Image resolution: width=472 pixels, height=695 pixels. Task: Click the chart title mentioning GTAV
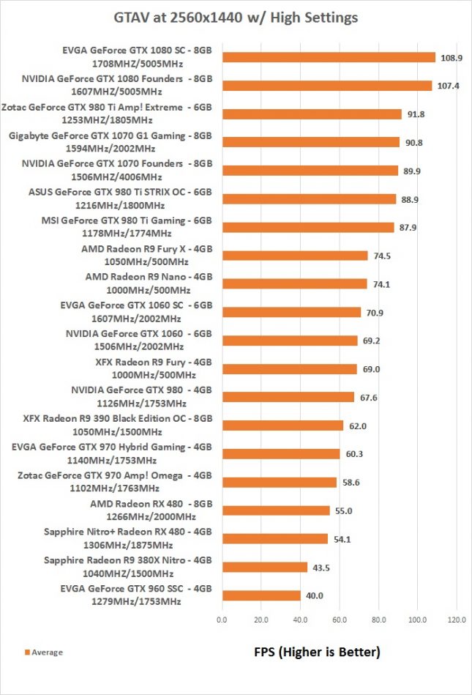(236, 16)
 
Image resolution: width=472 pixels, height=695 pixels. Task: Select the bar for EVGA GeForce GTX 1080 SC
(329, 57)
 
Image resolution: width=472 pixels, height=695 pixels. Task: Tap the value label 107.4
(446, 86)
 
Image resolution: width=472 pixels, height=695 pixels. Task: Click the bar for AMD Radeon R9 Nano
(294, 284)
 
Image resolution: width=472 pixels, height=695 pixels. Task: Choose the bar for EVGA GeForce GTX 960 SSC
(261, 595)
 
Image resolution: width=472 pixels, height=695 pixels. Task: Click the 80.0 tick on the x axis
(378, 620)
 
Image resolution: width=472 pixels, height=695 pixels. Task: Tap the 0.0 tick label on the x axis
(222, 620)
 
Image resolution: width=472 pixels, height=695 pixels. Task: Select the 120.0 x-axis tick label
(457, 620)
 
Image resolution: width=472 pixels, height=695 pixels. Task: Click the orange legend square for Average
(26, 652)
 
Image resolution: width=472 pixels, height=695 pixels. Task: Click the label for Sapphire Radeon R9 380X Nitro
(127, 567)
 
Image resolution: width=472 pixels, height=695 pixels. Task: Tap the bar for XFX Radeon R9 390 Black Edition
(282, 425)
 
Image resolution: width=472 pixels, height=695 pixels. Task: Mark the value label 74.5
(382, 256)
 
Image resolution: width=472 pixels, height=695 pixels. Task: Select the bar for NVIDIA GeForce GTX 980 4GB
(288, 397)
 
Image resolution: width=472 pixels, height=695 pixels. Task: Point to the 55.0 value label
(344, 510)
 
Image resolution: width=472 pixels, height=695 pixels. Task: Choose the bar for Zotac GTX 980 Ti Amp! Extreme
(312, 114)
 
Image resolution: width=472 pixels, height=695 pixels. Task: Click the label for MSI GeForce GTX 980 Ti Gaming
(128, 227)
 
